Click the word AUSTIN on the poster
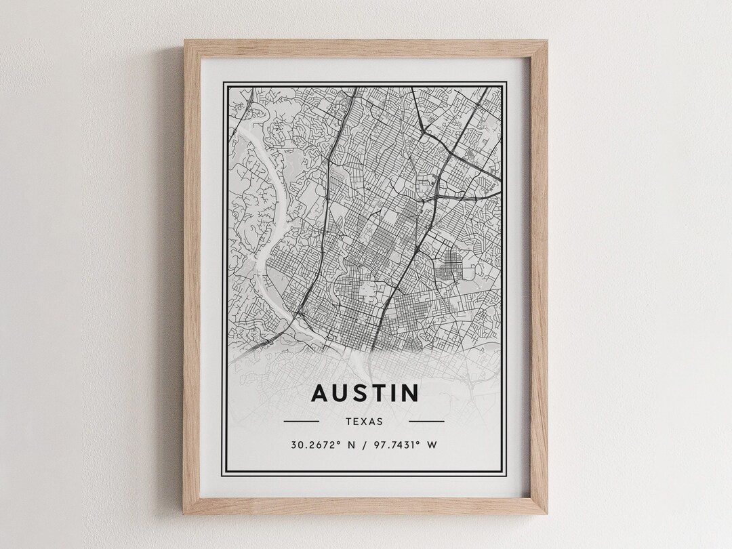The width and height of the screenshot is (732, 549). point(365,393)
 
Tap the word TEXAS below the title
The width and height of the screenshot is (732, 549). point(364,421)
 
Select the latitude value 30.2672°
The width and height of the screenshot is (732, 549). point(314,445)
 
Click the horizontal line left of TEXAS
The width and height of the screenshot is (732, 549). point(301,421)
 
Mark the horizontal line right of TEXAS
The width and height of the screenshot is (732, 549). point(427,421)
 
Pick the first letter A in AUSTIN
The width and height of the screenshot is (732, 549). point(319,393)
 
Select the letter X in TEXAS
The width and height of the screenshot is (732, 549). point(364,421)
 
